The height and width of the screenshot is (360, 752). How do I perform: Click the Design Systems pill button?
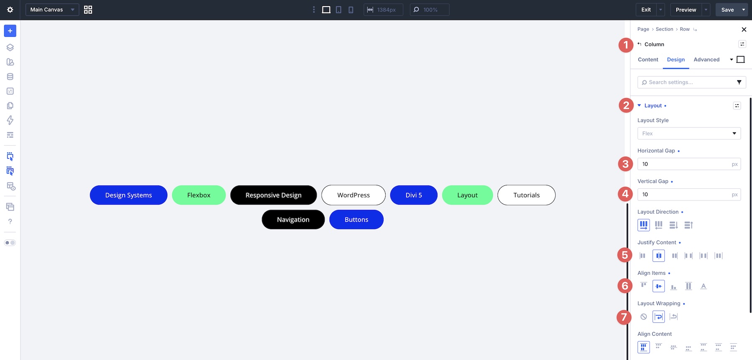129,195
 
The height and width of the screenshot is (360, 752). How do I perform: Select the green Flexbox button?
199,195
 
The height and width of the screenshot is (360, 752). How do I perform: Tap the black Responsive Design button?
274,195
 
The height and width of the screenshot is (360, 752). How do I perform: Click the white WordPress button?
353,195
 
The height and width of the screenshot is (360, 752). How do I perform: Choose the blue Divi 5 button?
414,195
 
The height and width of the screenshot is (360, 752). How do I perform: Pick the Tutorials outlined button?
526,195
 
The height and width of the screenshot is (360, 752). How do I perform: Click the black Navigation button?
293,220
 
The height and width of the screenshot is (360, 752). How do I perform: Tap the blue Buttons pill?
356,220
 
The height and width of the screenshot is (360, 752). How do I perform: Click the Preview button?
686,10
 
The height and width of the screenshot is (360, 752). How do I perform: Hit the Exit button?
646,10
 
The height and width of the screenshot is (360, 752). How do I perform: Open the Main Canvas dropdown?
52,10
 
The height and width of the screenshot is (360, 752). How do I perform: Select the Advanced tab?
706,60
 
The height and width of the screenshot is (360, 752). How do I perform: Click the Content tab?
648,60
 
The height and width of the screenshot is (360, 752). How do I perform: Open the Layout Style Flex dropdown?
689,134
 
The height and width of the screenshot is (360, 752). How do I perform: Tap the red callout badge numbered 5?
625,255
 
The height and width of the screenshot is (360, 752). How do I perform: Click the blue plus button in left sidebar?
10,31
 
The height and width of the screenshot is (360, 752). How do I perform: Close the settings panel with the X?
744,30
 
